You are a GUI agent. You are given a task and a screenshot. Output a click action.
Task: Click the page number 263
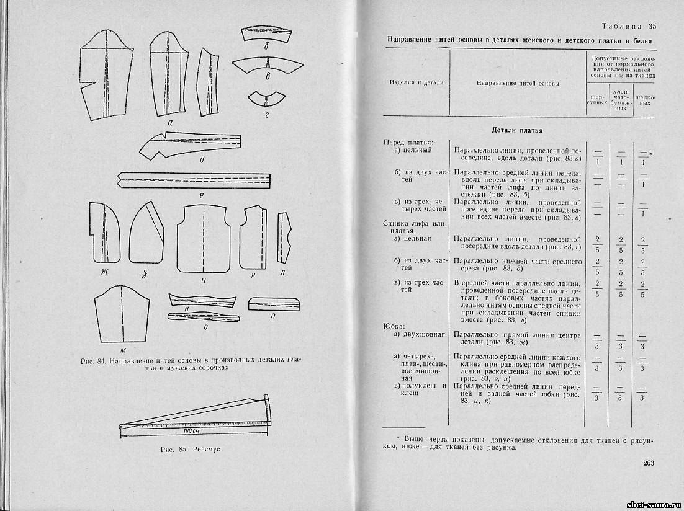[648, 463]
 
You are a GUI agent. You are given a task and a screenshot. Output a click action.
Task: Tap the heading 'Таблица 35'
[629, 26]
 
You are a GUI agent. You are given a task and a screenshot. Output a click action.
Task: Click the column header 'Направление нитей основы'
[517, 83]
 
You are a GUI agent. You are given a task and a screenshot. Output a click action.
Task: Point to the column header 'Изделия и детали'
[416, 83]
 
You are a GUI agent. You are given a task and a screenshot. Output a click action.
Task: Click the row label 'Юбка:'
[394, 326]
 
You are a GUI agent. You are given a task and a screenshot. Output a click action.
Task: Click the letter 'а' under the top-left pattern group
[169, 122]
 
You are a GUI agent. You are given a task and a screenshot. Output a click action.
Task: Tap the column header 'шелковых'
[646, 100]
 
